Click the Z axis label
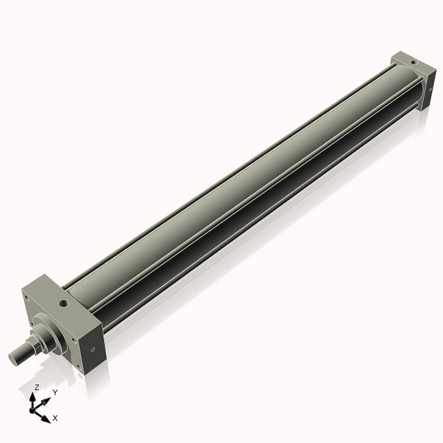[37, 387]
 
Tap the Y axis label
[55, 392]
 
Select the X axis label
[55, 418]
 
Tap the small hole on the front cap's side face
[92, 350]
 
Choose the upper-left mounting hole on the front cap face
[27, 299]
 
